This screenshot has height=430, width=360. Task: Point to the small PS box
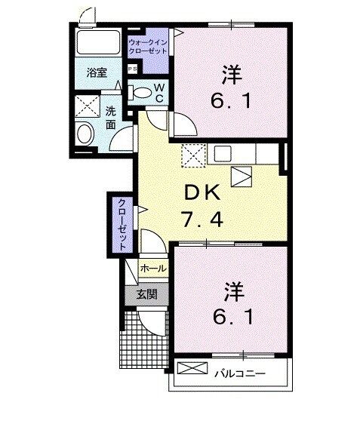pos(132,69)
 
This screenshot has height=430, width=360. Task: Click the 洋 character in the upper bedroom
pos(232,75)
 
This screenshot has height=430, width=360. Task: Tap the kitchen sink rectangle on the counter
pos(223,154)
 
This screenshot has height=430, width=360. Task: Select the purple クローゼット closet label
pos(121,224)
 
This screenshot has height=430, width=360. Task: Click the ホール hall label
pos(153,268)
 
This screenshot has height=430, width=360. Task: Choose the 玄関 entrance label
pos(147,295)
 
